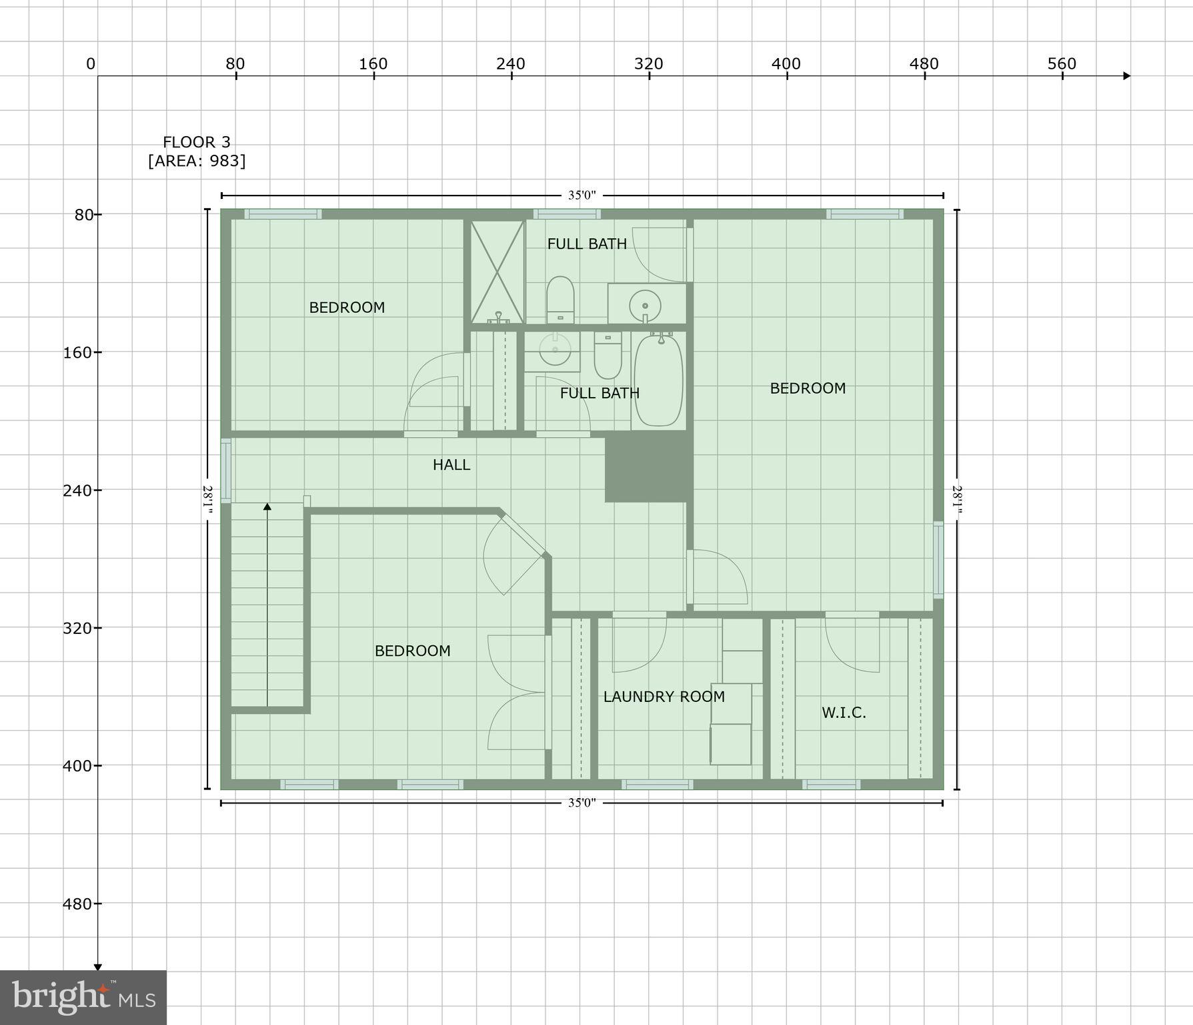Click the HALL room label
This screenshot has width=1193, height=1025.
coord(451,464)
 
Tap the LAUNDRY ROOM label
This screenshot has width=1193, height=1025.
coord(664,697)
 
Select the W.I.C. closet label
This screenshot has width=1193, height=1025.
coord(844,713)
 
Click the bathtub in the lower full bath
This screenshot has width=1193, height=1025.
coord(658,380)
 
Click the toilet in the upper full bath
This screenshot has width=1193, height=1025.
coord(560,300)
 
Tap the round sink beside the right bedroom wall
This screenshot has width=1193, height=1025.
coord(645,304)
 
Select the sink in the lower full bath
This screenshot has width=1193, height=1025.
coord(555,349)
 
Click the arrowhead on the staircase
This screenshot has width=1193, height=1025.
coord(267,507)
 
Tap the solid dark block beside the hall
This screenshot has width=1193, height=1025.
coord(648,469)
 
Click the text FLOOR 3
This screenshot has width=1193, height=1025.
coord(197,142)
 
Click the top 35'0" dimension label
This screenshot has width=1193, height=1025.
coord(581,196)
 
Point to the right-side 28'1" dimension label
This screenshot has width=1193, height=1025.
coord(957,499)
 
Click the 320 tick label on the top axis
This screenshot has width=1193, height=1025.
coord(649,64)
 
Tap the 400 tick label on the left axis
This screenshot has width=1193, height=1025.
coord(77,766)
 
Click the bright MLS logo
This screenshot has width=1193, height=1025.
coord(83,998)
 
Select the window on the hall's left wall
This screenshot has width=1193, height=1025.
coord(226,470)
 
